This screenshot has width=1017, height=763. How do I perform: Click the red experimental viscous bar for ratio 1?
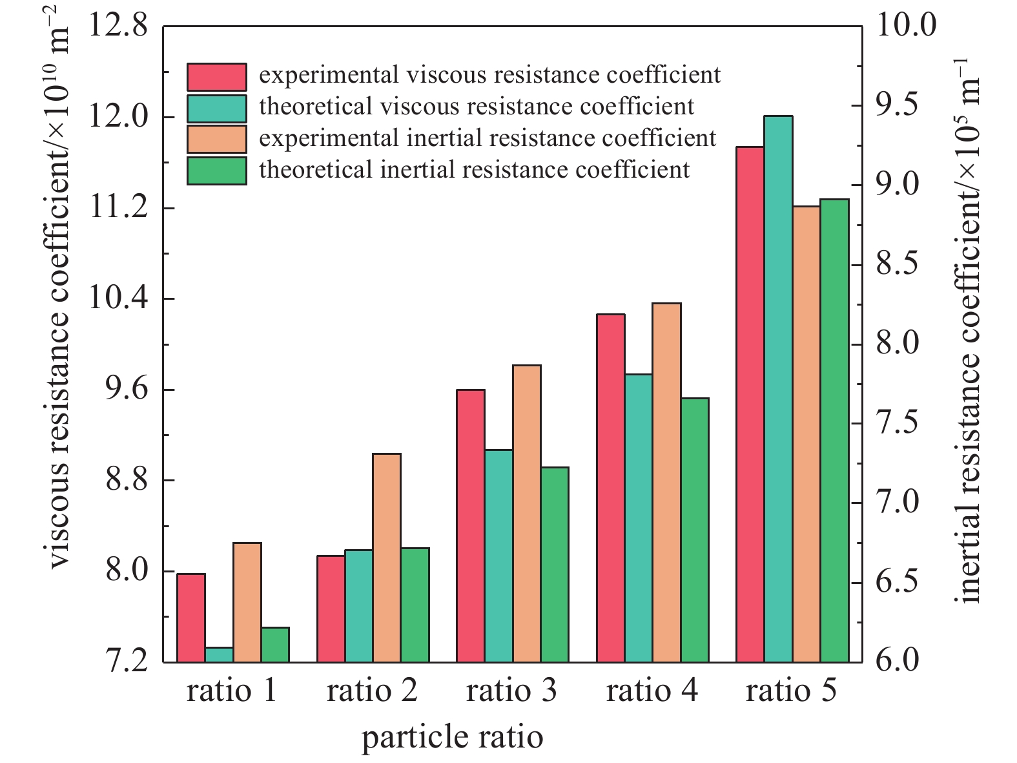[x=191, y=618]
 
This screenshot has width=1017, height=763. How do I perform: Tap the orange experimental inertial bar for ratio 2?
[x=387, y=558]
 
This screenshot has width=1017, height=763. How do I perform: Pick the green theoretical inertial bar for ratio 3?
[x=555, y=564]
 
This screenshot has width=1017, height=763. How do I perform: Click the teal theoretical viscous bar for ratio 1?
[x=219, y=654]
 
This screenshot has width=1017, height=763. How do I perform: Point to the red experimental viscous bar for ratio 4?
[x=611, y=488]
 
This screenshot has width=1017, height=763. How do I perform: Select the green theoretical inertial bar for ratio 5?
[x=834, y=430]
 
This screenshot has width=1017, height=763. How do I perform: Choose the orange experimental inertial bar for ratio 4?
[x=666, y=483]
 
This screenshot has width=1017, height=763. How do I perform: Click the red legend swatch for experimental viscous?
[x=217, y=77]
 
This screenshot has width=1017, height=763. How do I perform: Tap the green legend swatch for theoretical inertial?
[x=217, y=171]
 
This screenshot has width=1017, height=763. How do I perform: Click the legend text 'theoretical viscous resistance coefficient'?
[x=477, y=107]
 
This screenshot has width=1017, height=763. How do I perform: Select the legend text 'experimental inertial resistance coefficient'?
[x=488, y=138]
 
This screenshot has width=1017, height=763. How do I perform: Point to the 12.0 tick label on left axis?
[x=118, y=118]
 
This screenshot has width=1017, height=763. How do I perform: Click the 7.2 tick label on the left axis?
[x=118, y=662]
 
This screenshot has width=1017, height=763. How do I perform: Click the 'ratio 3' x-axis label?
[x=511, y=691]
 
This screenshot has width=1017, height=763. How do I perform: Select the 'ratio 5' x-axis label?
[x=791, y=691]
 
